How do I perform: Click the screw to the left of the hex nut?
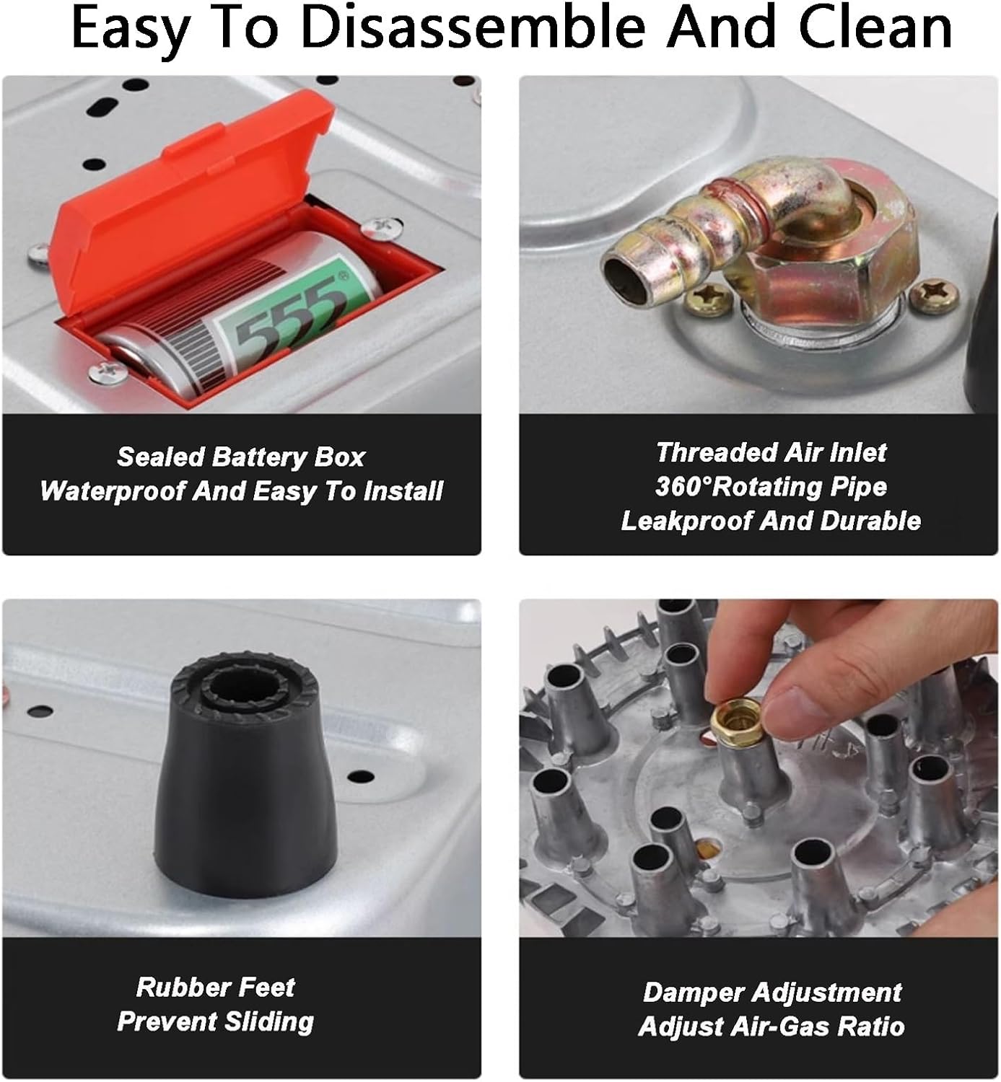[708, 299]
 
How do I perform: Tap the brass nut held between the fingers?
[737, 723]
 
